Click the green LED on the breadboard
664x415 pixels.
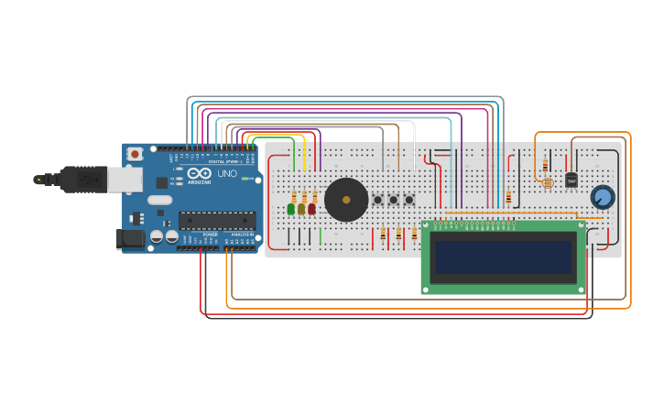[291, 209]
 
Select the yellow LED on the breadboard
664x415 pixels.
[301, 209]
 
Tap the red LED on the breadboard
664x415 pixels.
[311, 209]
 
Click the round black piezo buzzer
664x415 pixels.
[346, 200]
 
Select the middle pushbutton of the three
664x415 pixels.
[393, 200]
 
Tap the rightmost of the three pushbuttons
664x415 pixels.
[408, 200]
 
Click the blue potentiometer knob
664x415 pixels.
[603, 197]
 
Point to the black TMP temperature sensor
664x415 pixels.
[571, 180]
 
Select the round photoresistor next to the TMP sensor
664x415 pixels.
[548, 183]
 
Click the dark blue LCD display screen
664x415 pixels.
[504, 257]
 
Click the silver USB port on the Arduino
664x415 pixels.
[124, 179]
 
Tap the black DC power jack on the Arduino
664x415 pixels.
[130, 239]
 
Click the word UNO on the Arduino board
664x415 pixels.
[226, 174]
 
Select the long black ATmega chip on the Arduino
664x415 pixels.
[217, 219]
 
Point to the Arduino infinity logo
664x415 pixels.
[200, 173]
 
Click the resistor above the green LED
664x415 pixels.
[294, 196]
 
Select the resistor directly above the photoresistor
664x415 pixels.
[545, 166]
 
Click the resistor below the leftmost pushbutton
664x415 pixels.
[383, 235]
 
